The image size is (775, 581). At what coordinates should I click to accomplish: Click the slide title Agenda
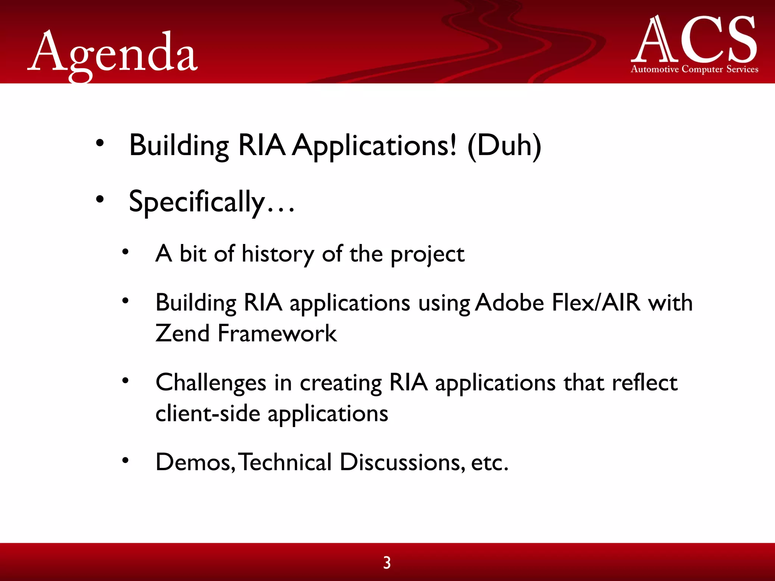[x=113, y=53]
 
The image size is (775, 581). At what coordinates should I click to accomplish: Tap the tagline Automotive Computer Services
[x=694, y=69]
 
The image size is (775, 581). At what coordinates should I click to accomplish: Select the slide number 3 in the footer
[x=387, y=562]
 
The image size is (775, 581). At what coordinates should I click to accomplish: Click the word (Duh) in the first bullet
[x=504, y=146]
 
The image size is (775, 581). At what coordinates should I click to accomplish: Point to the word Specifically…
[x=211, y=202]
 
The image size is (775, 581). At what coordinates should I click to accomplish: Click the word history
[x=278, y=254]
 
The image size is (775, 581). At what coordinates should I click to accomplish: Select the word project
[x=427, y=255]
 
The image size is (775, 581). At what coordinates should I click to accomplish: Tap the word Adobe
[x=509, y=303]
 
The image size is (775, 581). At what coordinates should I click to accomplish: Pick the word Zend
[x=182, y=333]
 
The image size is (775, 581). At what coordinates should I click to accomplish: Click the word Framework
[x=277, y=333]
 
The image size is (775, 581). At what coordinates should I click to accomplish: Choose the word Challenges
[x=211, y=383]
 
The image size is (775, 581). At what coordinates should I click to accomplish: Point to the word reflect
[x=644, y=382]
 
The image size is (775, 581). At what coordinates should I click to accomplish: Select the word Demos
[x=195, y=462]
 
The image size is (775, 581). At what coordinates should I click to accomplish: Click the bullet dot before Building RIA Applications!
[x=100, y=143]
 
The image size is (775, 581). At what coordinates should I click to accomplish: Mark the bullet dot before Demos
[x=125, y=460]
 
